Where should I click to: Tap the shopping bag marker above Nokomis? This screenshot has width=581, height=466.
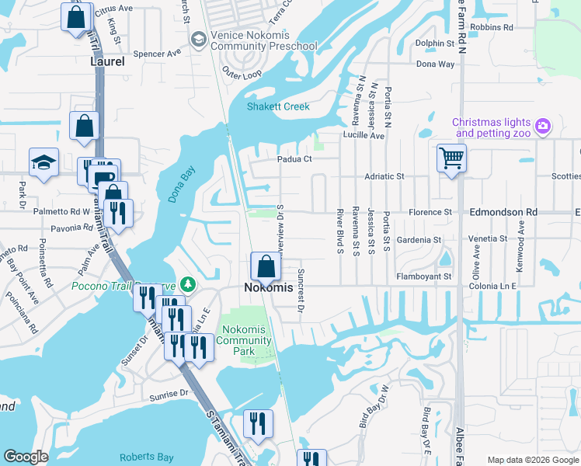coord(266,266)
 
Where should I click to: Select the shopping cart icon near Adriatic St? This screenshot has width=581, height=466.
coord(451,158)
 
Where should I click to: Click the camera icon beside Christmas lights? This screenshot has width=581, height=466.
coord(543,124)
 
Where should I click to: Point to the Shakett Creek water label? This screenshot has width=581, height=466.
coord(278,107)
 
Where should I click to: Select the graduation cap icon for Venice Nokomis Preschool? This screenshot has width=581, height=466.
coord(199,39)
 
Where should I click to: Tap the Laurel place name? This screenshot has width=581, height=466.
coord(107,61)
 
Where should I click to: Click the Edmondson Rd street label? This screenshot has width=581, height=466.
coord(503,212)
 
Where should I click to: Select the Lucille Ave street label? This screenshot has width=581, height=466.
coord(364,135)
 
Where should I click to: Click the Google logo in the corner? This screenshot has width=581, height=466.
coord(26,457)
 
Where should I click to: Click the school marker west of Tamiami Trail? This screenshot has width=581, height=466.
coord(43,162)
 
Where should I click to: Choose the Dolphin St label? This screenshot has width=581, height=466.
coord(434,43)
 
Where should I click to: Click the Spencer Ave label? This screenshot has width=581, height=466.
coord(157,54)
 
